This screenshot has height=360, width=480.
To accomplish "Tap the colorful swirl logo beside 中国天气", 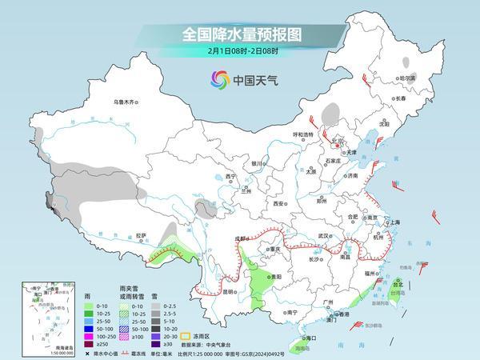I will pyautogui.click(x=218, y=80).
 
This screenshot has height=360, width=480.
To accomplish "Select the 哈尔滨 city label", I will pyautogui.click(x=408, y=78).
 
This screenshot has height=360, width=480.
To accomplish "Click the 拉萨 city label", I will pyautogui.click(x=141, y=235).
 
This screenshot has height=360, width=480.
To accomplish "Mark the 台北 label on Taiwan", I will pyautogui.click(x=398, y=282).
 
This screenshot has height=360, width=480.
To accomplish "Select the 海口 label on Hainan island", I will pyautogui.click(x=306, y=338).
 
